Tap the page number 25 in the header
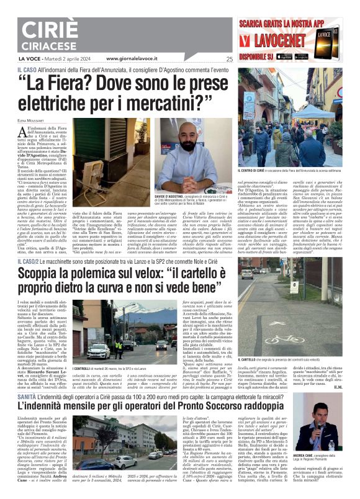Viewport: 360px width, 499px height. tap(230, 60)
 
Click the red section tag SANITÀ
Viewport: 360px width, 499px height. tap(29, 398)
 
